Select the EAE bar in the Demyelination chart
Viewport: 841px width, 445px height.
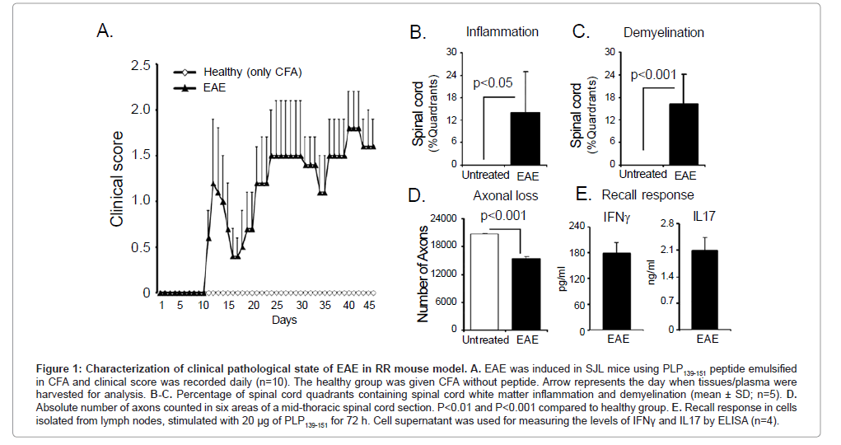pyautogui.click(x=683, y=133)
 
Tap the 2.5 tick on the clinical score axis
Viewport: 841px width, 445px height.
pyautogui.click(x=140, y=66)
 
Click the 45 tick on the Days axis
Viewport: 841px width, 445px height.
pyautogui.click(x=370, y=306)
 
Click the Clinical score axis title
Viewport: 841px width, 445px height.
pyautogui.click(x=117, y=179)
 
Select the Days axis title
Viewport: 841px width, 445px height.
pyautogui.click(x=284, y=320)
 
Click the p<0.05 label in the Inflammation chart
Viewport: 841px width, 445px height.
pyautogui.click(x=493, y=82)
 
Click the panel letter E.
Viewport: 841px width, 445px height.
pyautogui.click(x=582, y=196)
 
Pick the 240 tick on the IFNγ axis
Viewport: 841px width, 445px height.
pyautogui.click(x=577, y=226)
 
